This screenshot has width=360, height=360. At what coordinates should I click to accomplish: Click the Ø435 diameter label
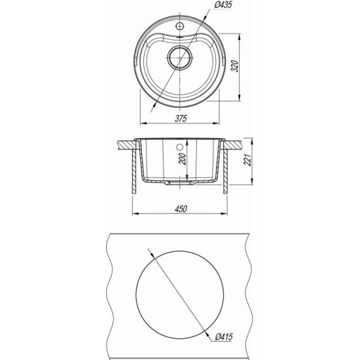tap(223, 5)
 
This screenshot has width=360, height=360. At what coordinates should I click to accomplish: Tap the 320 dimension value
tap(235, 66)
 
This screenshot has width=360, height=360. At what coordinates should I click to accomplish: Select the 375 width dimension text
tap(181, 118)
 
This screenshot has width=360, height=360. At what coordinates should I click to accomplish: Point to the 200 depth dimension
tap(183, 158)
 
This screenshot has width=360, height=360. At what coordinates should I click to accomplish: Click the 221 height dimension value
tap(247, 160)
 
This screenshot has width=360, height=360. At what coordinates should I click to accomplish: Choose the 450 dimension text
tap(181, 209)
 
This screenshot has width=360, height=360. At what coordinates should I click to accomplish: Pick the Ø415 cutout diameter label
tap(224, 337)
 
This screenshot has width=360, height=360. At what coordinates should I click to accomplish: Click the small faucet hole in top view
tap(179, 26)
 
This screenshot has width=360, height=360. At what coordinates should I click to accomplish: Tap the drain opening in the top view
tap(179, 58)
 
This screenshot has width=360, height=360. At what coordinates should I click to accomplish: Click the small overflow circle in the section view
tap(179, 147)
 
